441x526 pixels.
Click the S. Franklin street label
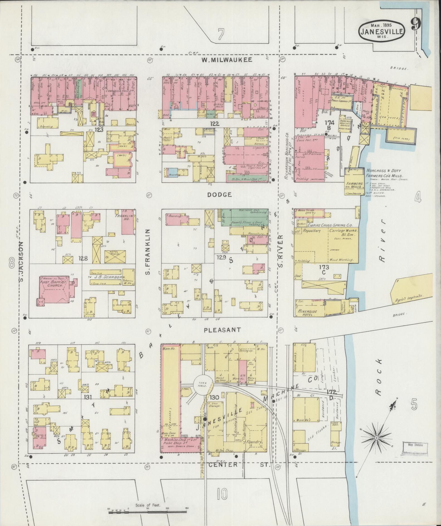click(148, 252)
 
